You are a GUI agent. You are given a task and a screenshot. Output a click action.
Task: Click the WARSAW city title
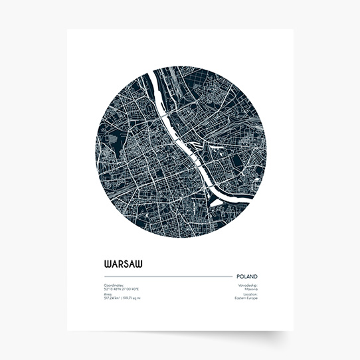click(123, 263)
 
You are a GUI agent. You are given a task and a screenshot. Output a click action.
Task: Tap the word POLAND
click(246, 276)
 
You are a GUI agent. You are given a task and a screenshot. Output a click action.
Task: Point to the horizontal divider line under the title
click(166, 276)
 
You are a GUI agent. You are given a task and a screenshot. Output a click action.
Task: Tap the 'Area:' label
click(108, 294)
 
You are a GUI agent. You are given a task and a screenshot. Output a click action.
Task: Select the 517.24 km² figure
click(112, 298)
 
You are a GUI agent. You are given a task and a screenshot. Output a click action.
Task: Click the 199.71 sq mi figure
click(132, 298)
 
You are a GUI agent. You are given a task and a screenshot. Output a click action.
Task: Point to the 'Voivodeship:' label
click(247, 285)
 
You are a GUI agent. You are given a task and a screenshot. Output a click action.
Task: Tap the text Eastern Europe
click(246, 298)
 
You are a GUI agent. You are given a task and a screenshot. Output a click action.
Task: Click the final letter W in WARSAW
click(137, 263)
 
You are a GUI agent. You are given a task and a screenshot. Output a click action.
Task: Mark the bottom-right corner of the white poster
click(292, 329)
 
